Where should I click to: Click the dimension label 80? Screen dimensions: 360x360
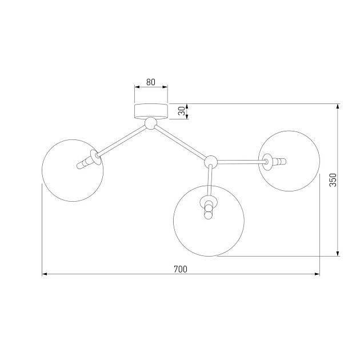tap(151, 82)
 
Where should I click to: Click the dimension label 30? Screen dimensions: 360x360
tap(182, 111)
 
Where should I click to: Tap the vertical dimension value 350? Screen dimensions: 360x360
tap(333, 180)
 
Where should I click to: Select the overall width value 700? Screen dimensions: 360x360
tap(181, 269)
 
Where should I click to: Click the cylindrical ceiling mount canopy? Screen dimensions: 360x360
tap(151, 111)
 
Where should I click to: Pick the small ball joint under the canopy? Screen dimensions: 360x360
tap(151, 123)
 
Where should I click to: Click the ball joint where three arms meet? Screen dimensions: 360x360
tap(211, 161)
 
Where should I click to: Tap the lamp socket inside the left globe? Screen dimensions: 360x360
tap(89, 161)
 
